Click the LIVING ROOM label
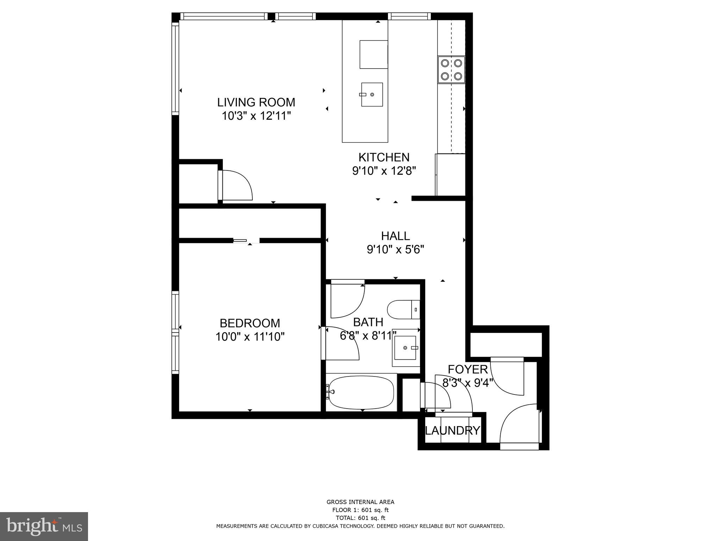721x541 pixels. coord(256,102)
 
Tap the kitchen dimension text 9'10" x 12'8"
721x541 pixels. coord(384,171)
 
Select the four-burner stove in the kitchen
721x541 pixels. coord(451,70)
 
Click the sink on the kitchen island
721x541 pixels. coord(372,94)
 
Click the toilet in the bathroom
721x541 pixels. coord(403,310)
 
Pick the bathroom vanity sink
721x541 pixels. coord(405,348)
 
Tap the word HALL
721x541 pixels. coord(395,236)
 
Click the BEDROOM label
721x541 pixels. coord(250,323)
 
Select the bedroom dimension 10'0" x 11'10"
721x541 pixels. coord(250,337)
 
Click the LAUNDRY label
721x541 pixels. coord(452,430)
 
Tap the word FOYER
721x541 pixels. coord(468,369)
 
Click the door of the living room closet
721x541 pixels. coord(235,186)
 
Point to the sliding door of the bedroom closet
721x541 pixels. coord(241,241)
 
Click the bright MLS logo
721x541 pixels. coord(44,527)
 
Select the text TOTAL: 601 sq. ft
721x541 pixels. coord(360,518)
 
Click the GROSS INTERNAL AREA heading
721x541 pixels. coord(360,502)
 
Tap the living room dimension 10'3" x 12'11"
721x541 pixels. coord(256,116)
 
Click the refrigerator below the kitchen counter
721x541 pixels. coord(451,175)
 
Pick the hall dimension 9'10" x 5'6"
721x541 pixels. coord(395,250)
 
